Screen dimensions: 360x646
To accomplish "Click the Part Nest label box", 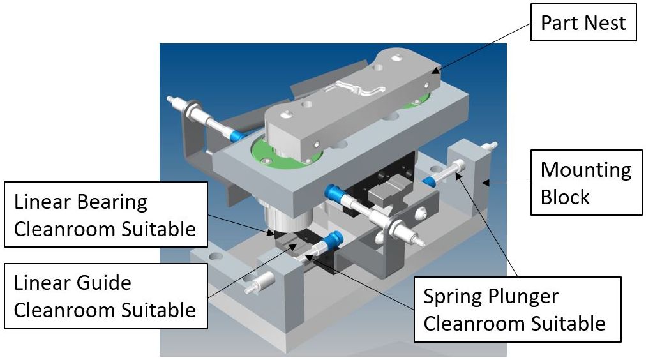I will (583, 24).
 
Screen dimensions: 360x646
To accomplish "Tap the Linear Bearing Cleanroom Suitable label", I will (106, 214).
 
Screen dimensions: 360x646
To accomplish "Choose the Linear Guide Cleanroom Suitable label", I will (106, 297).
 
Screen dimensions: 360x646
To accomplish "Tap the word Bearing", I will (107, 202).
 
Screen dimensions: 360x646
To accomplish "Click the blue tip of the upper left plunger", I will (236, 135).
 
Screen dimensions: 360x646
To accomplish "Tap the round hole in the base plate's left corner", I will (216, 257).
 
